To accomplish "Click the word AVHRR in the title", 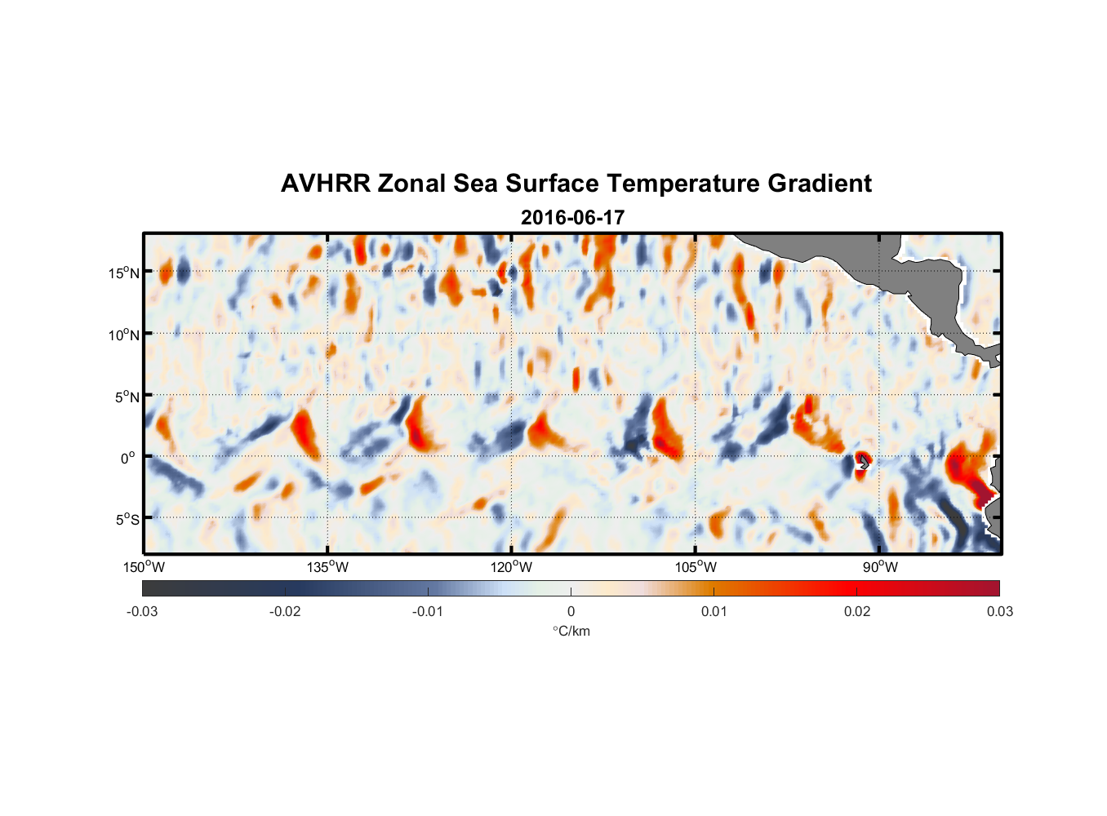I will [325, 184].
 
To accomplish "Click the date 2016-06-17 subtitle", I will [572, 218].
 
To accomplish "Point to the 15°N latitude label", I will [124, 273].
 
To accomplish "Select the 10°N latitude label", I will [124, 335].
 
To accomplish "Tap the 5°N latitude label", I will [127, 397].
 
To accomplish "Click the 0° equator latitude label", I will [128, 458].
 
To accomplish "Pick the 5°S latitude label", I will [127, 519].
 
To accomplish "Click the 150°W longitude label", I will [144, 567].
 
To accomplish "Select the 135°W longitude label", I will [327, 567].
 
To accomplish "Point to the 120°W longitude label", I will [511, 567].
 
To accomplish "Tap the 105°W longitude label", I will [696, 567].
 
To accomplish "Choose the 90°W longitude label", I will [880, 567].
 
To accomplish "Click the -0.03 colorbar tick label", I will [142, 611].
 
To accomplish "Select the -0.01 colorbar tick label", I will [428, 611].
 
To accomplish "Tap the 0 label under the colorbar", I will [571, 611].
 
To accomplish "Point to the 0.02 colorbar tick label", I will [857, 611].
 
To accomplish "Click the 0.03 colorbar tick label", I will [999, 611].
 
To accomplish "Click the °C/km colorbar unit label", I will [571, 631].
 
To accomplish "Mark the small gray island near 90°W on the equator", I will [863, 462].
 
